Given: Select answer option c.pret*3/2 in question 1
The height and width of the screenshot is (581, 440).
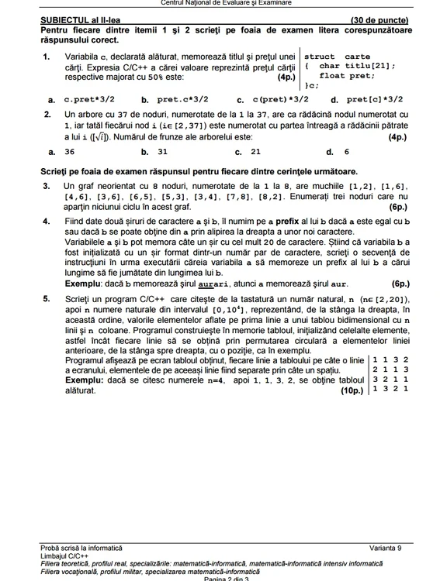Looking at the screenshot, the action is pyautogui.click(x=89, y=99).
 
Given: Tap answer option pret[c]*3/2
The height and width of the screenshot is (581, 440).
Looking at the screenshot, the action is pyautogui.click(x=375, y=99).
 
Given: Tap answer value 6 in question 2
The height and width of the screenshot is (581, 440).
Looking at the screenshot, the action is pyautogui.click(x=347, y=152).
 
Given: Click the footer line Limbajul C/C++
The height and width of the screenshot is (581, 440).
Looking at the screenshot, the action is pyautogui.click(x=64, y=555).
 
